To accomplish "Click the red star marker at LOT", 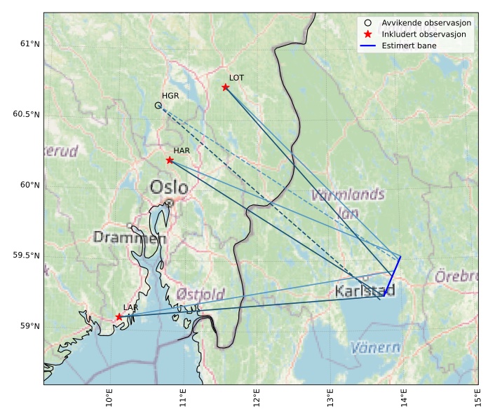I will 226,87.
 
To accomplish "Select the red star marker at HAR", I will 170,160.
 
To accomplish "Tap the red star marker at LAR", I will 119,317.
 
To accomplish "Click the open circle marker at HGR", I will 158,106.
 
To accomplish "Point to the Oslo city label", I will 169,188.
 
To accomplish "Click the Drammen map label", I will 130,238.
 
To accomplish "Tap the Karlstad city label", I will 365,290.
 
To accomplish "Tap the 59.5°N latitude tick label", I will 27,255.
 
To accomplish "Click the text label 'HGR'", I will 170,96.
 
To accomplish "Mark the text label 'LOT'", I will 236,78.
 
